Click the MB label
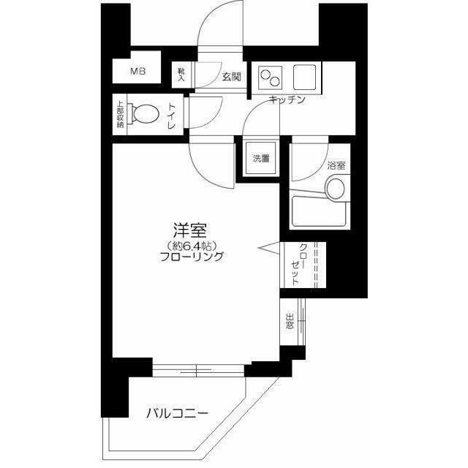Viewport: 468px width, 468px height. coord(138,72)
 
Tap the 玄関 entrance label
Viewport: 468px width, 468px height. coord(232,76)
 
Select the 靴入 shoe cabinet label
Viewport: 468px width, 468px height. coord(181,75)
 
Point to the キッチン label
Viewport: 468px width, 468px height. coord(286,99)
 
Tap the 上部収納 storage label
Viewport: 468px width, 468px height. coord(120,115)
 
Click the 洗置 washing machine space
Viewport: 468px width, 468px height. coord(261,158)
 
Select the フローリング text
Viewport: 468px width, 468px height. coord(192,257)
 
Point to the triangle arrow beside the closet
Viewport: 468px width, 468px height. coord(267,248)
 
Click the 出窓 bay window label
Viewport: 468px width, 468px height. coord(290,321)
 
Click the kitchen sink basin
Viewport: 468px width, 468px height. coord(303,76)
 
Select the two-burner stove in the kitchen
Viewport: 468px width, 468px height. coord(269,76)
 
